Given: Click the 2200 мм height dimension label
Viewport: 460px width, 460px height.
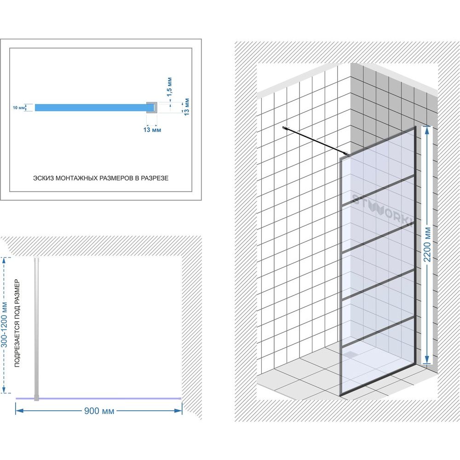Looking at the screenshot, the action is (427, 244).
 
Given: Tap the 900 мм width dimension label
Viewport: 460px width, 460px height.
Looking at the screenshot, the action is (99, 411).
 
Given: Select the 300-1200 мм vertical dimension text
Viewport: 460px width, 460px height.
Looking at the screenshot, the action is (5, 324).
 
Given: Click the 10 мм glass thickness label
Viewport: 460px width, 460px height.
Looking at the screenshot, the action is (18, 108).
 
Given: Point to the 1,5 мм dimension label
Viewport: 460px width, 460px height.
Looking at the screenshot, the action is (170, 87).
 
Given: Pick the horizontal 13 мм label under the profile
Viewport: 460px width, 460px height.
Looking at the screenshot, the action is (152, 130).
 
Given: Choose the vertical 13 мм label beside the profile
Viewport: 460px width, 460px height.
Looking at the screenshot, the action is (187, 107).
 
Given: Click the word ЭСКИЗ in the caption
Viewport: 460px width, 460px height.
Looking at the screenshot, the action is (43, 178).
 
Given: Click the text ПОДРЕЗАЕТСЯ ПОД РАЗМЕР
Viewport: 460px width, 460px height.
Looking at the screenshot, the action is (17, 323).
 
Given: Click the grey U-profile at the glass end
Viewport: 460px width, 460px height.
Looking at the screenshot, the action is (152, 107).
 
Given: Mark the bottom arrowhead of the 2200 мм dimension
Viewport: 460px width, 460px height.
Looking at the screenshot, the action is (427, 359).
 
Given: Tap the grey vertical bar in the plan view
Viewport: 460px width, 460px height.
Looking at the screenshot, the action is (36, 329).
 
